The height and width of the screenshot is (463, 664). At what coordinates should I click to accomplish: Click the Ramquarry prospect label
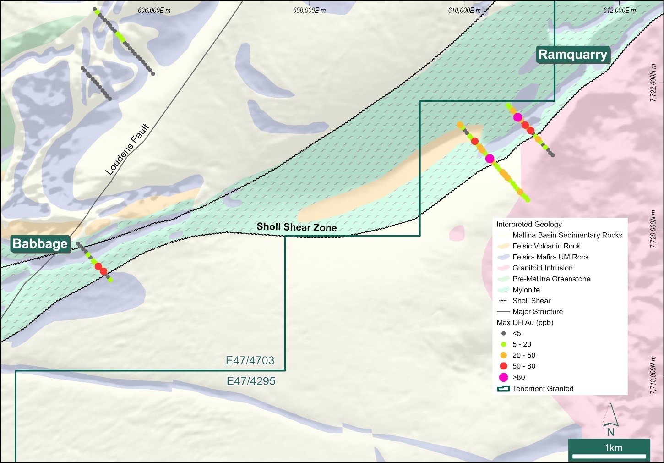coord(573,55)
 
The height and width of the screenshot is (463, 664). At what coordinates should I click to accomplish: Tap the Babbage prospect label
coord(40,243)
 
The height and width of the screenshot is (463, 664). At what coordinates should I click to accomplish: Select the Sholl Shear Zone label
coord(296,227)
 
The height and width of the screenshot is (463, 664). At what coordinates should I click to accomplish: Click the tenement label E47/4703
coord(250,360)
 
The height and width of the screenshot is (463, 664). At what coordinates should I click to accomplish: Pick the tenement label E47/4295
coord(251,381)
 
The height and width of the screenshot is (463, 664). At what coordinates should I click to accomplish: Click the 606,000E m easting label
coord(154,11)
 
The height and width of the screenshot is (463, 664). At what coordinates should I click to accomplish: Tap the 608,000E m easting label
coord(309,11)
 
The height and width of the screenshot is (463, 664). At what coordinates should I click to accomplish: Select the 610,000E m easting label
coord(464,11)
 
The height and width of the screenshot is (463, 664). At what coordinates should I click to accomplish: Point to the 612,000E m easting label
coord(620,11)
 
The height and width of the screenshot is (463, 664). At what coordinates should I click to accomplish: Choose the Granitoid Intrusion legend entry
coord(542,268)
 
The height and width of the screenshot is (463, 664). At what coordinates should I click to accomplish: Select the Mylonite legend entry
coord(526,290)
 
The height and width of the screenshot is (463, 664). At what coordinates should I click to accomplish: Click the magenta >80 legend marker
coord(504,377)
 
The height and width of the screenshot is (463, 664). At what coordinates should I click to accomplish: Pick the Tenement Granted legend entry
coord(543,388)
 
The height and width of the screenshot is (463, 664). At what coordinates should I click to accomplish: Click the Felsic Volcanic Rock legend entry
coord(546,246)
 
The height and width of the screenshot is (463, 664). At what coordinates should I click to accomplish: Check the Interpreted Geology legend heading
coord(529,224)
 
